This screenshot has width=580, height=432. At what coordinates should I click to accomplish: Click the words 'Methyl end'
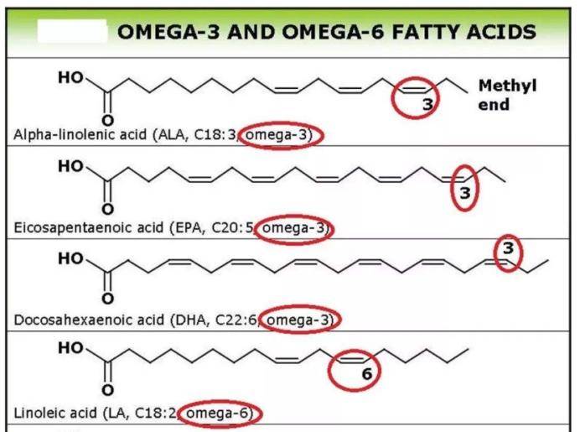click(x=507, y=95)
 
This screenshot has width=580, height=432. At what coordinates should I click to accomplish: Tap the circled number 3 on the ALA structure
click(x=428, y=104)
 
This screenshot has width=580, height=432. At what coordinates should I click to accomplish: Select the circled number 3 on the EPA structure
click(x=464, y=193)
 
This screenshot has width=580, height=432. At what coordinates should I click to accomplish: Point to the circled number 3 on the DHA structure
click(x=508, y=248)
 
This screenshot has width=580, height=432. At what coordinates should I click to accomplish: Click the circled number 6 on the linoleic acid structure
click(x=366, y=374)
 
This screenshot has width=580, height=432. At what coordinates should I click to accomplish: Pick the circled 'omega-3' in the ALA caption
click(x=277, y=135)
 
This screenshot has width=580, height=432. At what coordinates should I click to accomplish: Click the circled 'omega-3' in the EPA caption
click(x=293, y=227)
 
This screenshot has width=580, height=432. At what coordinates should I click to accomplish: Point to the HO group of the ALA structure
click(x=70, y=78)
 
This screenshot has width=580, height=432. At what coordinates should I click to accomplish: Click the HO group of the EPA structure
click(x=70, y=166)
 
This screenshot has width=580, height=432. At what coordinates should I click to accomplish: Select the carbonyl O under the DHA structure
click(x=107, y=299)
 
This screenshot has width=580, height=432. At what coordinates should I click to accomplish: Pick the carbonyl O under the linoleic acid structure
click(x=107, y=390)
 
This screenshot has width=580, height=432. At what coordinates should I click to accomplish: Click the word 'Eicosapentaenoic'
click(x=88, y=227)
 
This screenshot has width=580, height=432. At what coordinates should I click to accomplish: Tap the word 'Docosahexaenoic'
click(x=89, y=320)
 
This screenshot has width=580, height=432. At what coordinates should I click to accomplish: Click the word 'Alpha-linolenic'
click(x=80, y=135)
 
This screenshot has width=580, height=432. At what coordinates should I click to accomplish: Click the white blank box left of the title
click(x=72, y=31)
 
